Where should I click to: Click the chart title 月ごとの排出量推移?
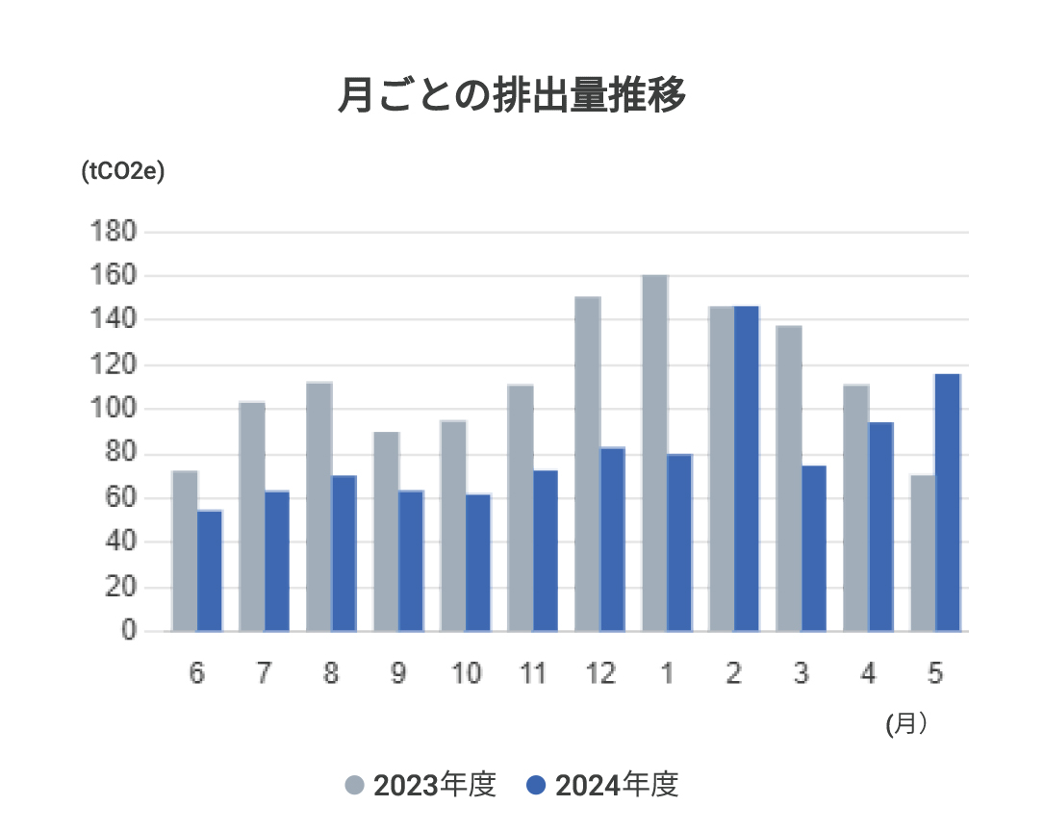click(x=512, y=96)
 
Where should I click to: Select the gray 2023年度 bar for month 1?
click(x=654, y=452)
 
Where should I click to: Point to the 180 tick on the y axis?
click(x=114, y=232)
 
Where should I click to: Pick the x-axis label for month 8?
click(x=331, y=674)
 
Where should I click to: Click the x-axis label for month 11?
click(x=532, y=674)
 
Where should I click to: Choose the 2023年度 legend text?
click(x=434, y=786)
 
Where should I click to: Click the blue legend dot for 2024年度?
click(x=537, y=786)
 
